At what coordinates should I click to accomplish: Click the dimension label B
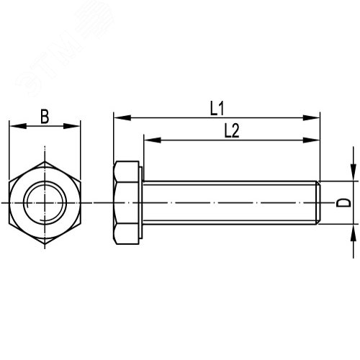coord(45,116)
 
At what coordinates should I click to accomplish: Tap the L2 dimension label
coord(231,130)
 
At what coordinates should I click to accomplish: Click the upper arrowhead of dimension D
coord(353,175)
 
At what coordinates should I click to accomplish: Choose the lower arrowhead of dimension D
coord(353,232)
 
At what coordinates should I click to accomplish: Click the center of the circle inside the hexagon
coord(45,204)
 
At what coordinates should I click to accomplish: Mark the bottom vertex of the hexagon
coord(45,245)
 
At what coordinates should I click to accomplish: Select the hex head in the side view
coord(127,204)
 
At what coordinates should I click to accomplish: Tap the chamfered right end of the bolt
coord(318,204)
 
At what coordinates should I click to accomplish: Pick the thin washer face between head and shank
coord(142,204)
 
